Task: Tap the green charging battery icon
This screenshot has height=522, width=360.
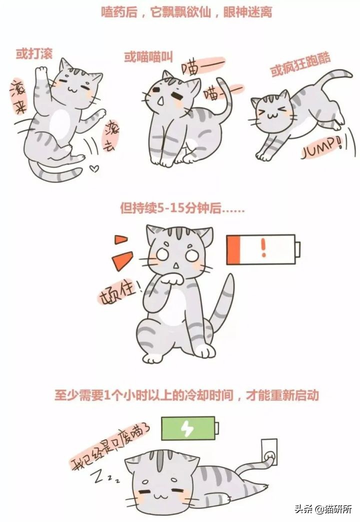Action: click(190, 428)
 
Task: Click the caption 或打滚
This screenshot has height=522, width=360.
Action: click(33, 53)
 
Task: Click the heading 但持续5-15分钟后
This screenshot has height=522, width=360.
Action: click(182, 208)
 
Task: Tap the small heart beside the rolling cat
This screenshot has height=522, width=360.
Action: click(93, 169)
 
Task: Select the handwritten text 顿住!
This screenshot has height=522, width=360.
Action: click(117, 292)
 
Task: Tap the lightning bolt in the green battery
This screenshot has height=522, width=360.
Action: click(187, 428)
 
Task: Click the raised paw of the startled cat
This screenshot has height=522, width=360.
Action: click(173, 277)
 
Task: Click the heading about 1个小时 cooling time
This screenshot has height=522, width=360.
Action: click(186, 395)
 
